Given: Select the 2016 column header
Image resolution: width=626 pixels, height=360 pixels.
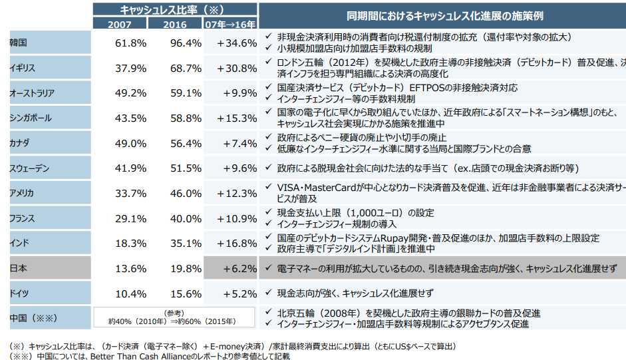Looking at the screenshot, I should (174, 24).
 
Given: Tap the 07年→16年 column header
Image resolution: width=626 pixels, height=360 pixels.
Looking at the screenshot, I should (230, 24).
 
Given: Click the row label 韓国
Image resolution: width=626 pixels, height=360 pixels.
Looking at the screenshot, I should (18, 43).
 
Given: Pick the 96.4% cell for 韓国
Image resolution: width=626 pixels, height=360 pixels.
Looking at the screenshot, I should (186, 43).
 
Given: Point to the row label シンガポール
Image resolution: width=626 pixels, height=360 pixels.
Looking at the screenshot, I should (31, 118).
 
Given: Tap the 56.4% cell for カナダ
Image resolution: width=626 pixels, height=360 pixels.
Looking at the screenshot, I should (186, 143).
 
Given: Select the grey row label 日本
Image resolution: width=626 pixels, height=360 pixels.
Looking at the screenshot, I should (18, 269).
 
